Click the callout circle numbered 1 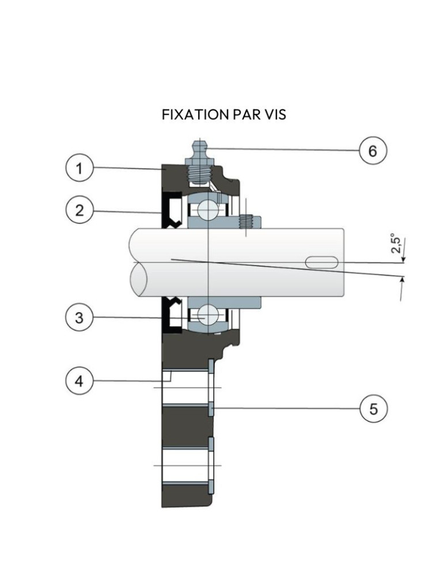[x=78, y=169]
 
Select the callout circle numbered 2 [x=78, y=210]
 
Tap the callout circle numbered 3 [x=78, y=318]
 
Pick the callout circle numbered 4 [x=78, y=381]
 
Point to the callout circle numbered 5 [x=373, y=410]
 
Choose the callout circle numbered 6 [x=373, y=151]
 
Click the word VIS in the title [x=274, y=115]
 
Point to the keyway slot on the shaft [x=322, y=262]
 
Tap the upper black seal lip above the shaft [x=172, y=211]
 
